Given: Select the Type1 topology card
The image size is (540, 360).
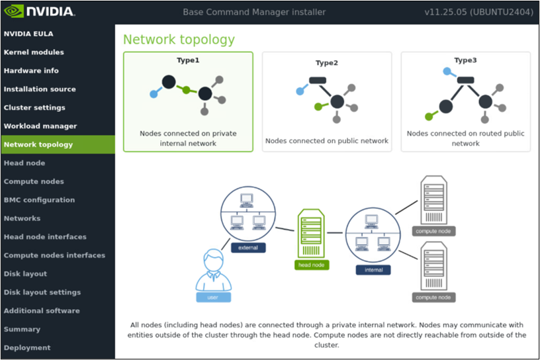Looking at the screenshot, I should [x=188, y=101].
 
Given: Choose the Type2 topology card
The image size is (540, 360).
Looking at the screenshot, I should [x=327, y=101].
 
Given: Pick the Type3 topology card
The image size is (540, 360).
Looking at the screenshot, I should [x=465, y=101].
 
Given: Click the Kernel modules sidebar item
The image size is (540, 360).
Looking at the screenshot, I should [x=34, y=52].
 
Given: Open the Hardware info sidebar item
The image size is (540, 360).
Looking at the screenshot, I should [x=31, y=71].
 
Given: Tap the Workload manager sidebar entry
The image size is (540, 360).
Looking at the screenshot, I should [x=40, y=126].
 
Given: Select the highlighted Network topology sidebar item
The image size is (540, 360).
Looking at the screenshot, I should [x=38, y=144].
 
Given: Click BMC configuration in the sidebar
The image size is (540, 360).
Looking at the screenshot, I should [x=39, y=200].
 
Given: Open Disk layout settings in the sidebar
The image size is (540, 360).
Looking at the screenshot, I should [x=42, y=292].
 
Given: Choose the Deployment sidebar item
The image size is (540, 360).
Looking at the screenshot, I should [x=27, y=347].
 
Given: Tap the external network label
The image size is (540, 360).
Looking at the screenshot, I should [x=248, y=247].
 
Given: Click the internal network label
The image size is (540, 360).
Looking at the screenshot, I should [x=373, y=270].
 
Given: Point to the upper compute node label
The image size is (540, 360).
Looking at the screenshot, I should [x=433, y=231].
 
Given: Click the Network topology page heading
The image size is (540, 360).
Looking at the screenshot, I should [x=179, y=39].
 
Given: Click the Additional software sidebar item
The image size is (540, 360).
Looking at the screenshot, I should [x=42, y=310].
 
